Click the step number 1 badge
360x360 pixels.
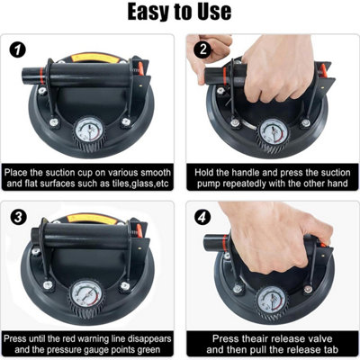click(18, 49)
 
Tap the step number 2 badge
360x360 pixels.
click(202, 49)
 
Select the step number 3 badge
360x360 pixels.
click(18, 217)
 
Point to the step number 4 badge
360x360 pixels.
click(202, 217)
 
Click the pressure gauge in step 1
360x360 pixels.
click(89, 133)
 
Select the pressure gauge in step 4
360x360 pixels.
click(272, 301)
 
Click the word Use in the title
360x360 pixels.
click(215, 12)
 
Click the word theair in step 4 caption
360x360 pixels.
click(253, 338)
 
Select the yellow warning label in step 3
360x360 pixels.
click(92, 219)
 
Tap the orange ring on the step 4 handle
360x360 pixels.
click(224, 242)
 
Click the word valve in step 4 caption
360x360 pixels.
click(319, 338)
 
